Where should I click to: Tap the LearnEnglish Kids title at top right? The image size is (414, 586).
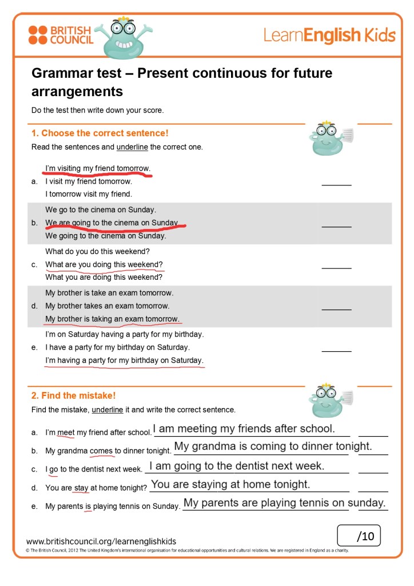click(x=329, y=35)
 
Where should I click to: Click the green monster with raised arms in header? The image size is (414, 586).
click(x=123, y=39)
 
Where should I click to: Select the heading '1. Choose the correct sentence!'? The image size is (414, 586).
click(x=100, y=133)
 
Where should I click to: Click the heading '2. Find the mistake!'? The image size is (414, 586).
click(x=74, y=395)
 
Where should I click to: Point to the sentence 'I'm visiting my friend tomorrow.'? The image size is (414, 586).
click(x=98, y=168)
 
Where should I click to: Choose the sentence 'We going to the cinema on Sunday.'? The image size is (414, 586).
click(x=106, y=236)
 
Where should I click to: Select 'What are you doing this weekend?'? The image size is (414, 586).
click(x=104, y=264)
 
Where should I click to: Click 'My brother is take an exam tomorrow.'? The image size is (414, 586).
click(x=109, y=293)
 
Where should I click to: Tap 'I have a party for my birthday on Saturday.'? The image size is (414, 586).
click(x=117, y=347)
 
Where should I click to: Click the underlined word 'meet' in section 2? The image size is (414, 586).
click(x=66, y=433)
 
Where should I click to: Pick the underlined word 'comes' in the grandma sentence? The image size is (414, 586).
click(x=101, y=451)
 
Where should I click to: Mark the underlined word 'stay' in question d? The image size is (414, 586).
click(x=81, y=488)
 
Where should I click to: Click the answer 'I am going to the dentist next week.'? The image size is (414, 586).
click(x=237, y=466)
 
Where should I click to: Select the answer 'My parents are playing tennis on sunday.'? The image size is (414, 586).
click(x=284, y=503)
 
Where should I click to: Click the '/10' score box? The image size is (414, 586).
click(x=359, y=536)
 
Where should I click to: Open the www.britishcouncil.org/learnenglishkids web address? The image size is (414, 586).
click(x=101, y=541)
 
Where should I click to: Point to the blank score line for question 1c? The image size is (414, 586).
click(x=336, y=267)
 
